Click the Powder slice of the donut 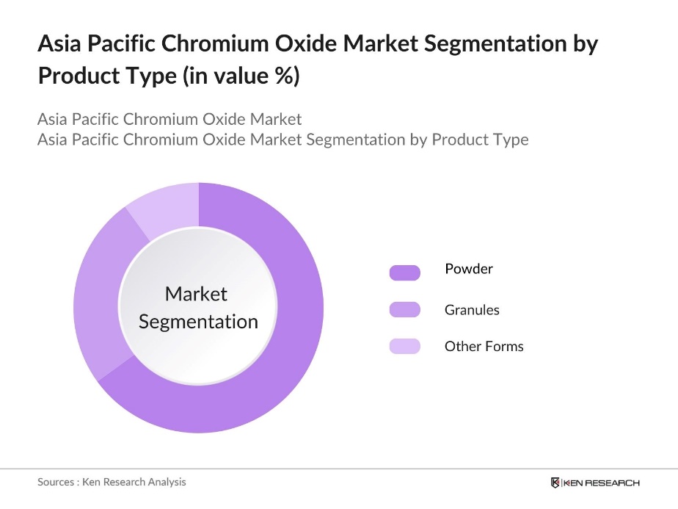pos(294,345)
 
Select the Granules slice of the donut pos(98,294)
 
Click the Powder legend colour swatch pos(404,272)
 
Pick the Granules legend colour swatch pos(404,309)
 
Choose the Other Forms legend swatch pos(404,346)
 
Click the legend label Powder pos(469,269)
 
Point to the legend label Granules pos(472,310)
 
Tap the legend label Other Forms pos(484,346)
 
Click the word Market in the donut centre pos(196,294)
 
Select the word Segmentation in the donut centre pos(198,322)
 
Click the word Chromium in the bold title pos(214,45)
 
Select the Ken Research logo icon pos(555,483)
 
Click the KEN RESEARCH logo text pos(602,483)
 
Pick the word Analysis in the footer pos(166,482)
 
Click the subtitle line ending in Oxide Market pos(169,119)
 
